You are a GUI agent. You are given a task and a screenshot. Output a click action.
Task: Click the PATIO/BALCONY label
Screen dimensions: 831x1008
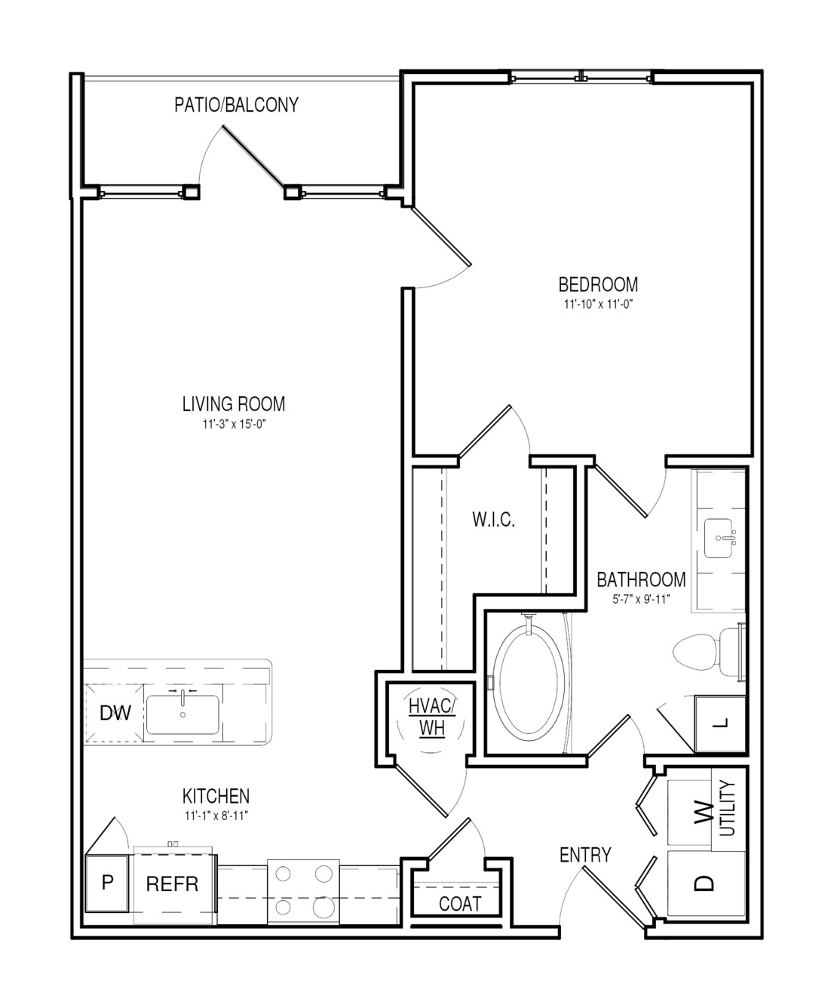point(237,105)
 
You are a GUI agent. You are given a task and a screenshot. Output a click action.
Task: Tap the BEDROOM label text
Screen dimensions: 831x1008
point(598,285)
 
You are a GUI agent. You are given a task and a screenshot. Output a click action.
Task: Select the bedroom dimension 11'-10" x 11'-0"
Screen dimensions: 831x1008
point(599,305)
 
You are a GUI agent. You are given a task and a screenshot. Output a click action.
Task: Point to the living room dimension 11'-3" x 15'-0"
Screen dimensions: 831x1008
point(235,424)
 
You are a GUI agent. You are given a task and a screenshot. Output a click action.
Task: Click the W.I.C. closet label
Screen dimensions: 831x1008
point(494,520)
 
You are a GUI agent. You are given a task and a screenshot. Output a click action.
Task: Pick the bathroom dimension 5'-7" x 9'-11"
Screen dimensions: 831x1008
point(641,600)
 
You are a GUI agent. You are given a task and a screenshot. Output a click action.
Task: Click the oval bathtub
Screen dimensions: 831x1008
point(530,683)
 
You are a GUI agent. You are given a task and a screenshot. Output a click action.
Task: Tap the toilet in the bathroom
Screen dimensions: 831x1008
point(709,652)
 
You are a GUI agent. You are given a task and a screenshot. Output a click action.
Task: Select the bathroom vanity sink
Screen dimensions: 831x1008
point(719,538)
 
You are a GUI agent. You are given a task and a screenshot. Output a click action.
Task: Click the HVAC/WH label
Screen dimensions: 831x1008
point(431,717)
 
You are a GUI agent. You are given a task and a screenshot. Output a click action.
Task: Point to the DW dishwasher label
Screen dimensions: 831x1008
point(115,713)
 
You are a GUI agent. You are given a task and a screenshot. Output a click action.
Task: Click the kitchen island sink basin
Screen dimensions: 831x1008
point(182,715)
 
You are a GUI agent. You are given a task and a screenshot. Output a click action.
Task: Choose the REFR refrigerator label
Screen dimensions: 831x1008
point(172,884)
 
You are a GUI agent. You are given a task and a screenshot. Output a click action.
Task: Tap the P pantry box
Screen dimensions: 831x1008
point(107,883)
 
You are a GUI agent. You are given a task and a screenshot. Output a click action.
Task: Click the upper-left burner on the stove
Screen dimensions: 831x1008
point(283,873)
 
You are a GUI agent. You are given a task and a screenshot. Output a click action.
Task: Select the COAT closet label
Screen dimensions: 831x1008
point(460,904)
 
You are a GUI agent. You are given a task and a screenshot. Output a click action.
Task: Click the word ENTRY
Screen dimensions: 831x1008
point(585,855)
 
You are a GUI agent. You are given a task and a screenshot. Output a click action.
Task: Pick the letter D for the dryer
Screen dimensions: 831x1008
point(704,883)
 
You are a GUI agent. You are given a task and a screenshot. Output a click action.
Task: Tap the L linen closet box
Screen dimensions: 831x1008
point(721,723)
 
